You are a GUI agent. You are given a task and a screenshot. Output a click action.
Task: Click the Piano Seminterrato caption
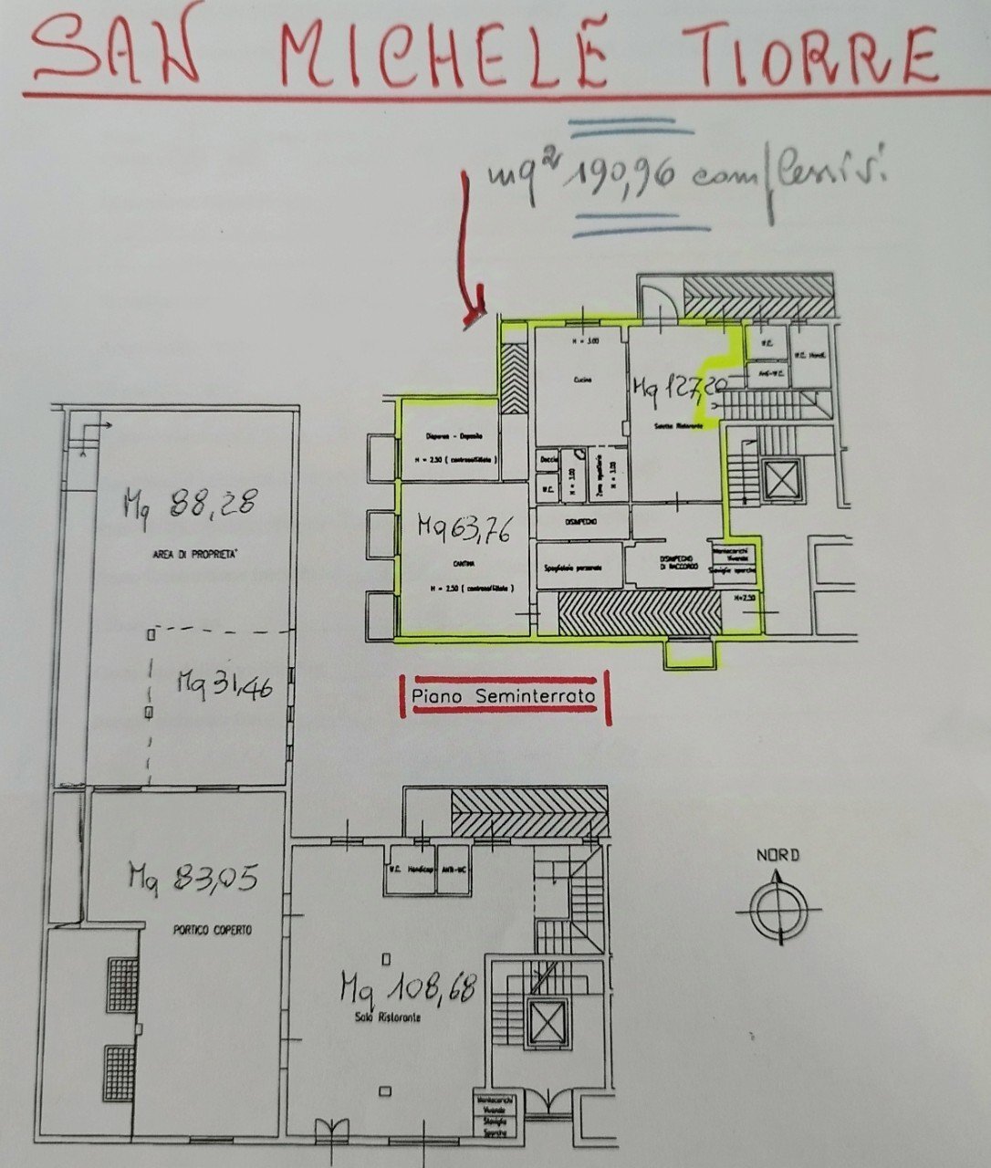tap(504, 697)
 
